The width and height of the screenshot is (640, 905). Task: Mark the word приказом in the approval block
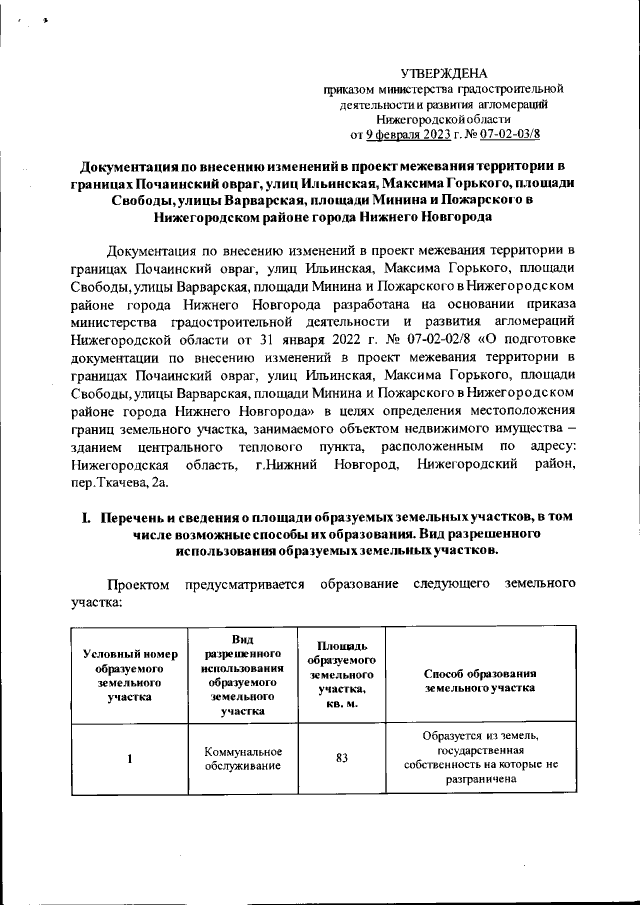pyautogui.click(x=350, y=88)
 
